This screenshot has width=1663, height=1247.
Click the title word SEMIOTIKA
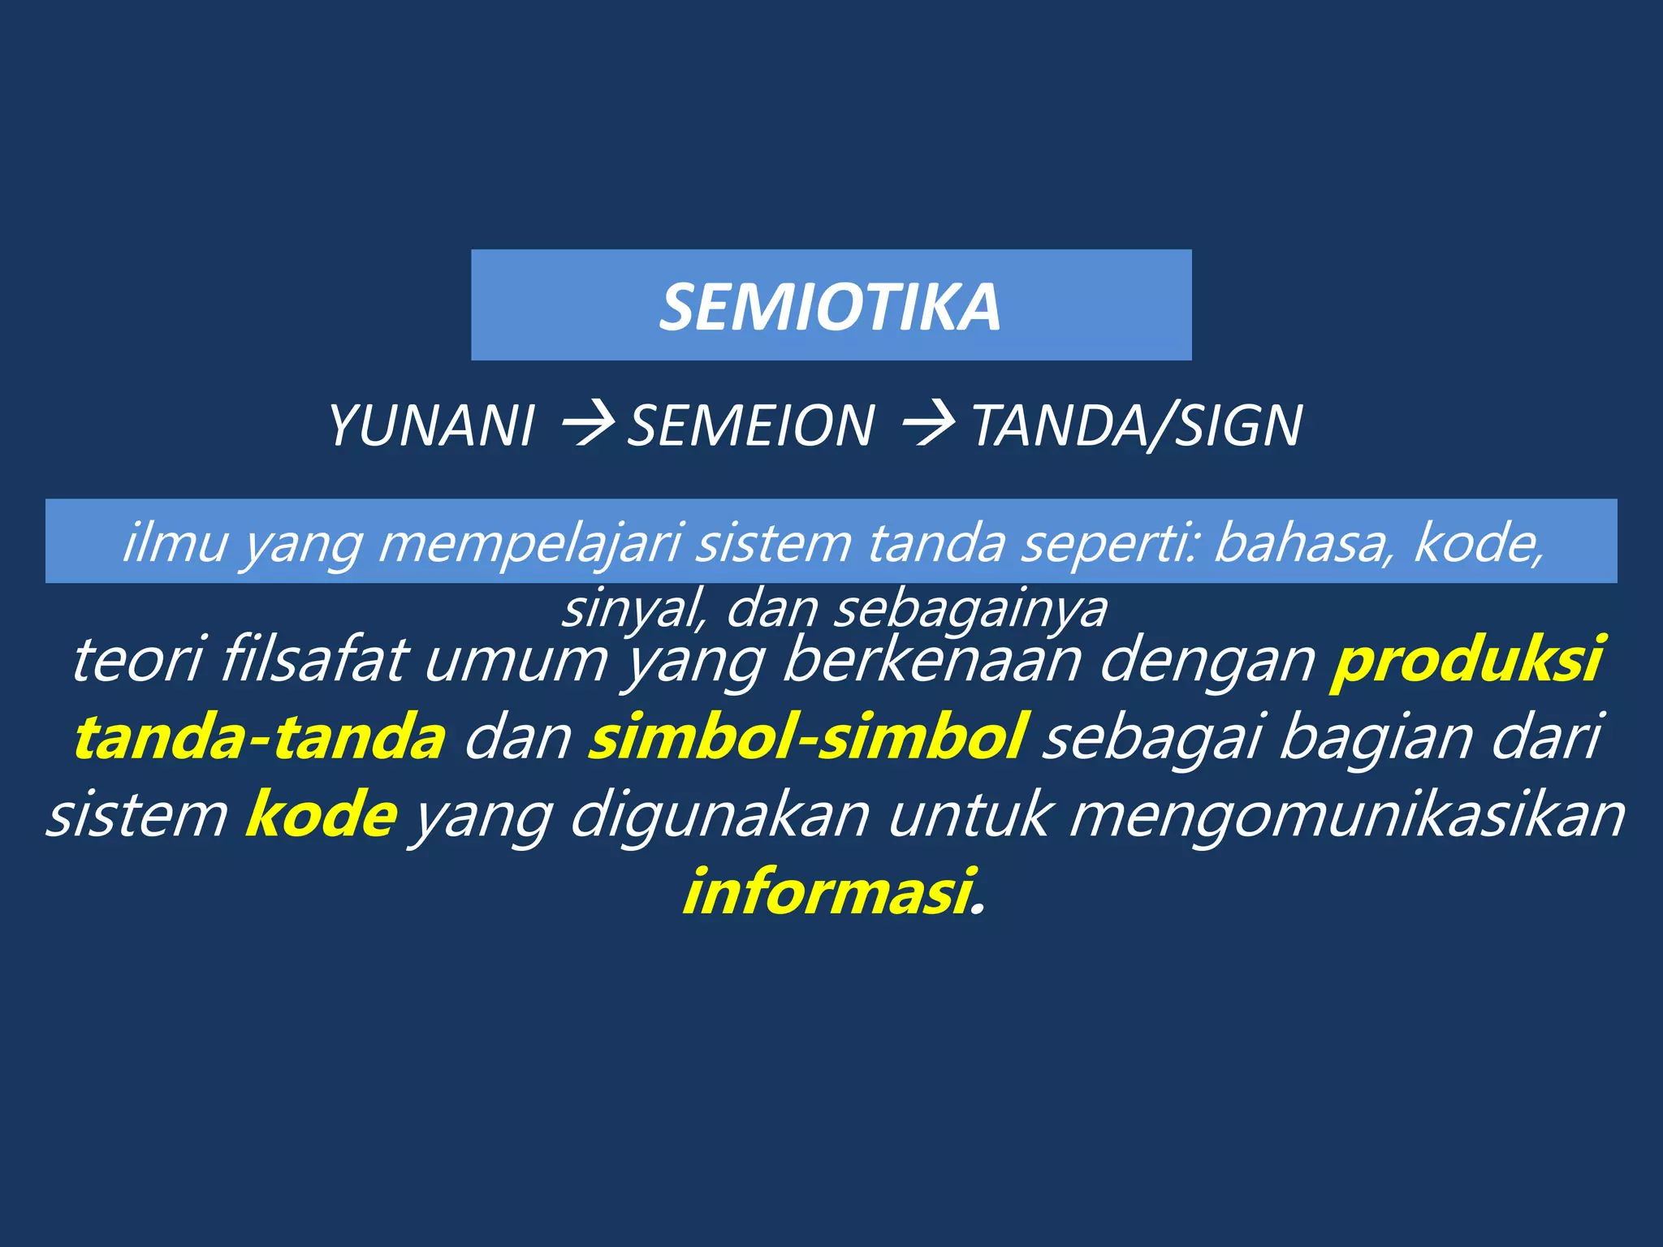coord(830,307)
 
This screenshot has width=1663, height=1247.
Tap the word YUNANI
coord(431,425)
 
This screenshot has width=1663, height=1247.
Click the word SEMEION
coord(751,425)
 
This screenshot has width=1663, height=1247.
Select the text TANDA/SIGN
coord(1137,425)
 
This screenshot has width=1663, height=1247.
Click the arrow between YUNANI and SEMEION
coord(586,425)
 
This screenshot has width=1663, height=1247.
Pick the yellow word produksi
coord(1466,659)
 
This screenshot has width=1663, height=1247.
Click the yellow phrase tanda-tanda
coord(260,736)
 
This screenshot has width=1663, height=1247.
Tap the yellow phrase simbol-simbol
coord(809,736)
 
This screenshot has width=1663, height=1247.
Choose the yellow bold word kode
coord(322,814)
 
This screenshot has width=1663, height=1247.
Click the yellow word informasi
coord(829,891)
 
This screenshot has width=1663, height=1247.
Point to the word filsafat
coord(312,659)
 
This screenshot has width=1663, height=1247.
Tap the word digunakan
coord(719,814)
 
